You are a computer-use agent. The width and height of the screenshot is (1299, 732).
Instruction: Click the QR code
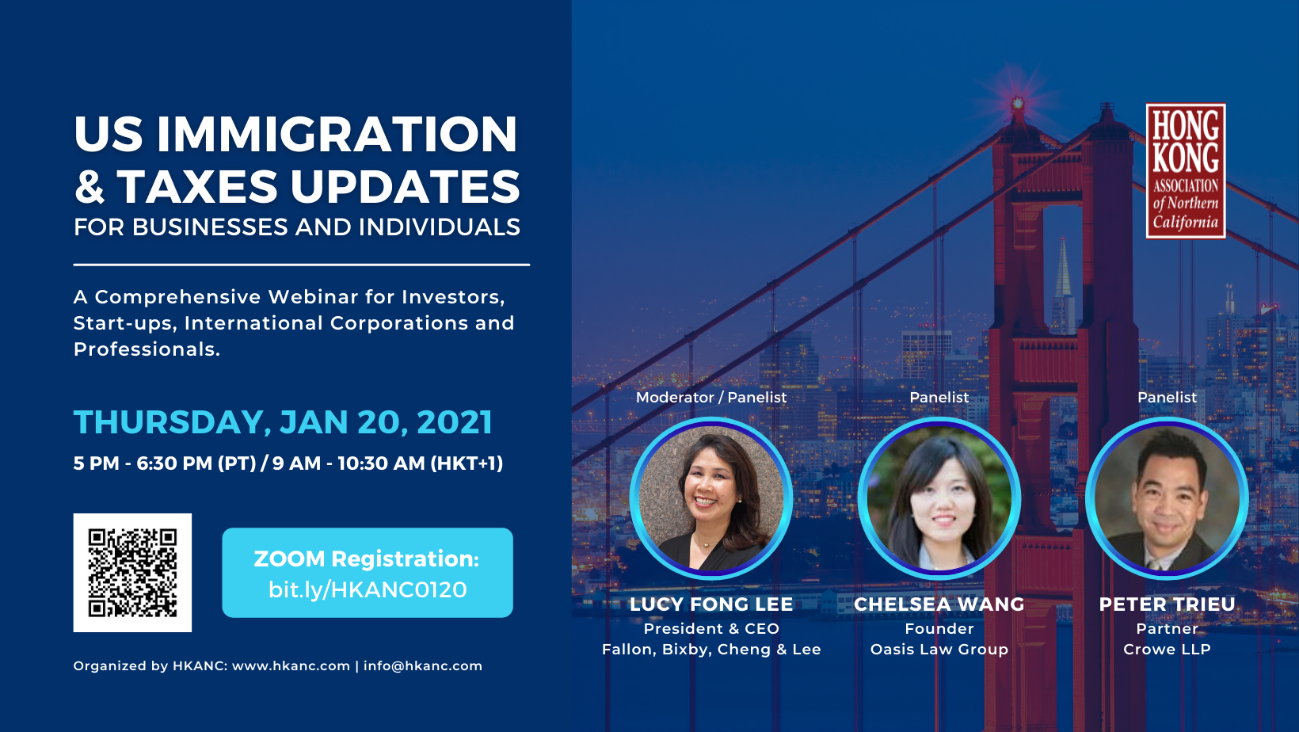click(132, 573)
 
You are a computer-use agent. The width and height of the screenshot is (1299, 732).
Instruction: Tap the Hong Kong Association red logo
click(1186, 171)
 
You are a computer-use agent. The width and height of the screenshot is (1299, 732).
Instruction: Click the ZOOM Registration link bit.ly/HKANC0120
click(368, 589)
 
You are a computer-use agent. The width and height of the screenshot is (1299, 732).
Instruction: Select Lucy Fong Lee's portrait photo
click(711, 498)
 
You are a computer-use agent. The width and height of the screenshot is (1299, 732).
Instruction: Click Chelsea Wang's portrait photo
click(939, 498)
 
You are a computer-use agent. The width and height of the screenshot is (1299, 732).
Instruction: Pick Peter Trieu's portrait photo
click(1167, 498)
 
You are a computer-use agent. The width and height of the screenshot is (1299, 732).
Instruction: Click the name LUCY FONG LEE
click(711, 604)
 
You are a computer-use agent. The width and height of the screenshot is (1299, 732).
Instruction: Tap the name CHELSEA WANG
click(939, 604)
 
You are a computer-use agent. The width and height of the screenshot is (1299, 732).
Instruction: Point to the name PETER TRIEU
click(1167, 604)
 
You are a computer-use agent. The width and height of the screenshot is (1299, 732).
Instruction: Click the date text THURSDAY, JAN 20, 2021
click(283, 422)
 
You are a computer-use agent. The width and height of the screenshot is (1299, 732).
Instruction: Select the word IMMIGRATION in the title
click(337, 134)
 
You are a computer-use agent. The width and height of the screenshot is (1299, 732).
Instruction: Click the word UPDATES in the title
click(405, 187)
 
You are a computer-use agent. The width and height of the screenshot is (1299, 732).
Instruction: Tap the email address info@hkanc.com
click(423, 666)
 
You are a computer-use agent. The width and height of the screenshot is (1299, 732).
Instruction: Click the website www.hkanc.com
click(291, 666)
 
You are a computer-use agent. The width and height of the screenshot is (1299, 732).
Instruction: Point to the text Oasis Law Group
click(939, 649)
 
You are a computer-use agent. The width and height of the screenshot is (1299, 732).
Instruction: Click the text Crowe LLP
click(1167, 649)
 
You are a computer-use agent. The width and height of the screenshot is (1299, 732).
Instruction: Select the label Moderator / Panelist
click(711, 398)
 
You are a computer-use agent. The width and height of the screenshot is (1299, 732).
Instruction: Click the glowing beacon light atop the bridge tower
click(1018, 104)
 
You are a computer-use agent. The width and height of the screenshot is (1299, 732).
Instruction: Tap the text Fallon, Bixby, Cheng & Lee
click(711, 650)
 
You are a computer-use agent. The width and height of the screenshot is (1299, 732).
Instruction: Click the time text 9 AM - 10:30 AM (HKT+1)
click(387, 463)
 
